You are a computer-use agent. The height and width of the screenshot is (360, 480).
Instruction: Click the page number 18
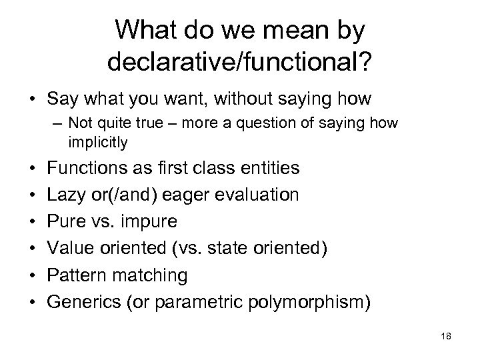tap(446, 337)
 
